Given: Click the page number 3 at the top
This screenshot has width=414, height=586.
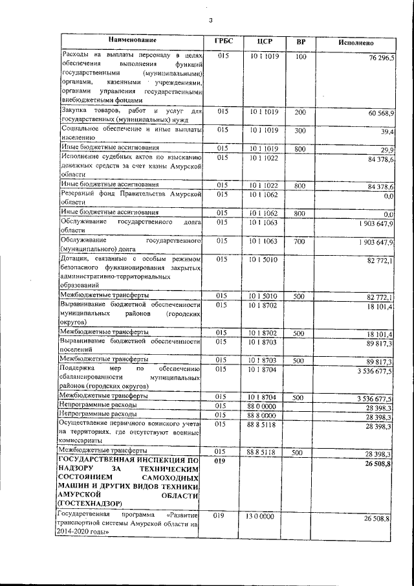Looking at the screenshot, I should (x=210, y=21).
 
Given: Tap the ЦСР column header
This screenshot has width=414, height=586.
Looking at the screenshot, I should (x=263, y=41).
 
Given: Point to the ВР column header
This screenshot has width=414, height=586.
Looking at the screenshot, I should (x=300, y=41).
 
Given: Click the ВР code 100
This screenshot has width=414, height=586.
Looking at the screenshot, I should (x=300, y=57).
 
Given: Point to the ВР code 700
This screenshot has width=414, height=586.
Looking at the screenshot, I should (x=299, y=241).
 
